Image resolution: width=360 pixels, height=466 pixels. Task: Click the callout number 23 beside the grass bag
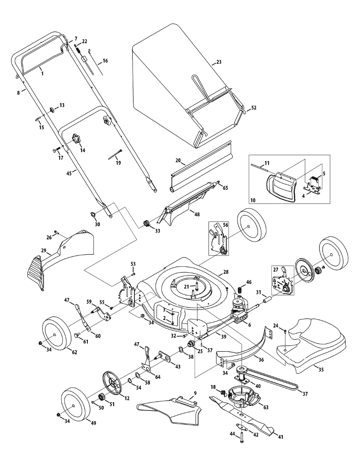click(x=218, y=62)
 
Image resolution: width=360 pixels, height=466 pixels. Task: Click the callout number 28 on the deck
click(x=226, y=272)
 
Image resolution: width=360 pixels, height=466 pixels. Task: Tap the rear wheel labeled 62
click(x=57, y=334)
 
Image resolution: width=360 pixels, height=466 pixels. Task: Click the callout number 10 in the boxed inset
click(x=253, y=200)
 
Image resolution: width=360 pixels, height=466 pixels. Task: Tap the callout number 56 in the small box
click(x=225, y=225)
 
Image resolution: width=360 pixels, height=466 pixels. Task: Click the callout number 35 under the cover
click(x=321, y=369)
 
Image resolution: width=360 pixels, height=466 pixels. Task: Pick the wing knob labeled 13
click(x=52, y=110)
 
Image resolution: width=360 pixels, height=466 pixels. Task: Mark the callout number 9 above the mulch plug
click(x=195, y=393)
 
